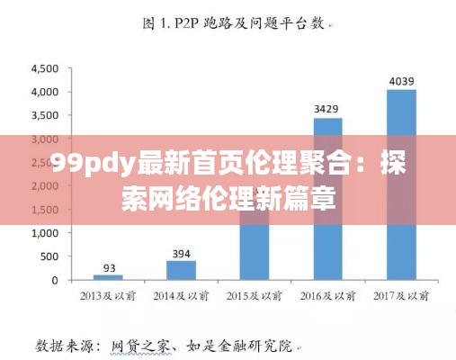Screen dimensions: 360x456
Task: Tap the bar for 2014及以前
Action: click(182, 270)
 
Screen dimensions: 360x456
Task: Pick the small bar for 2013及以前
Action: click(109, 277)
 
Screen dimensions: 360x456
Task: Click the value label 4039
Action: click(401, 81)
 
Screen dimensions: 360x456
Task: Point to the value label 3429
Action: click(327, 109)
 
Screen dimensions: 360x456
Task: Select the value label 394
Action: click(182, 253)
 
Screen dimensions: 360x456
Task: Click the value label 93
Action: click(109, 267)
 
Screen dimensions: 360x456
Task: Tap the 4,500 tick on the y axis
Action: click(46, 68)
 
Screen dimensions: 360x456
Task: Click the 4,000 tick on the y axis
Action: click(46, 92)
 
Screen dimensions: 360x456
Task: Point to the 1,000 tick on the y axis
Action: click(46, 233)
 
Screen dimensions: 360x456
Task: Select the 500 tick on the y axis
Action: click(51, 256)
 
